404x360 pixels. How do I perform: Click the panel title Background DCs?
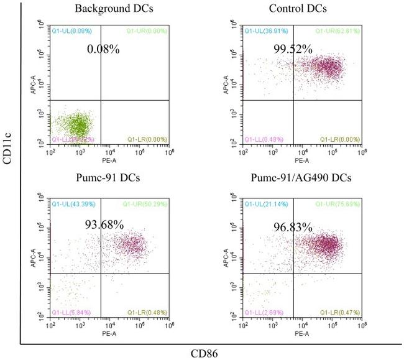tap(106, 9)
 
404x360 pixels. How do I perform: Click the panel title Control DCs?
tap(298, 9)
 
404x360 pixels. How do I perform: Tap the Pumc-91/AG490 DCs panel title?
tap(298, 179)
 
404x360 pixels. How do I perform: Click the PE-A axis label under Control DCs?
tap(302, 160)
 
